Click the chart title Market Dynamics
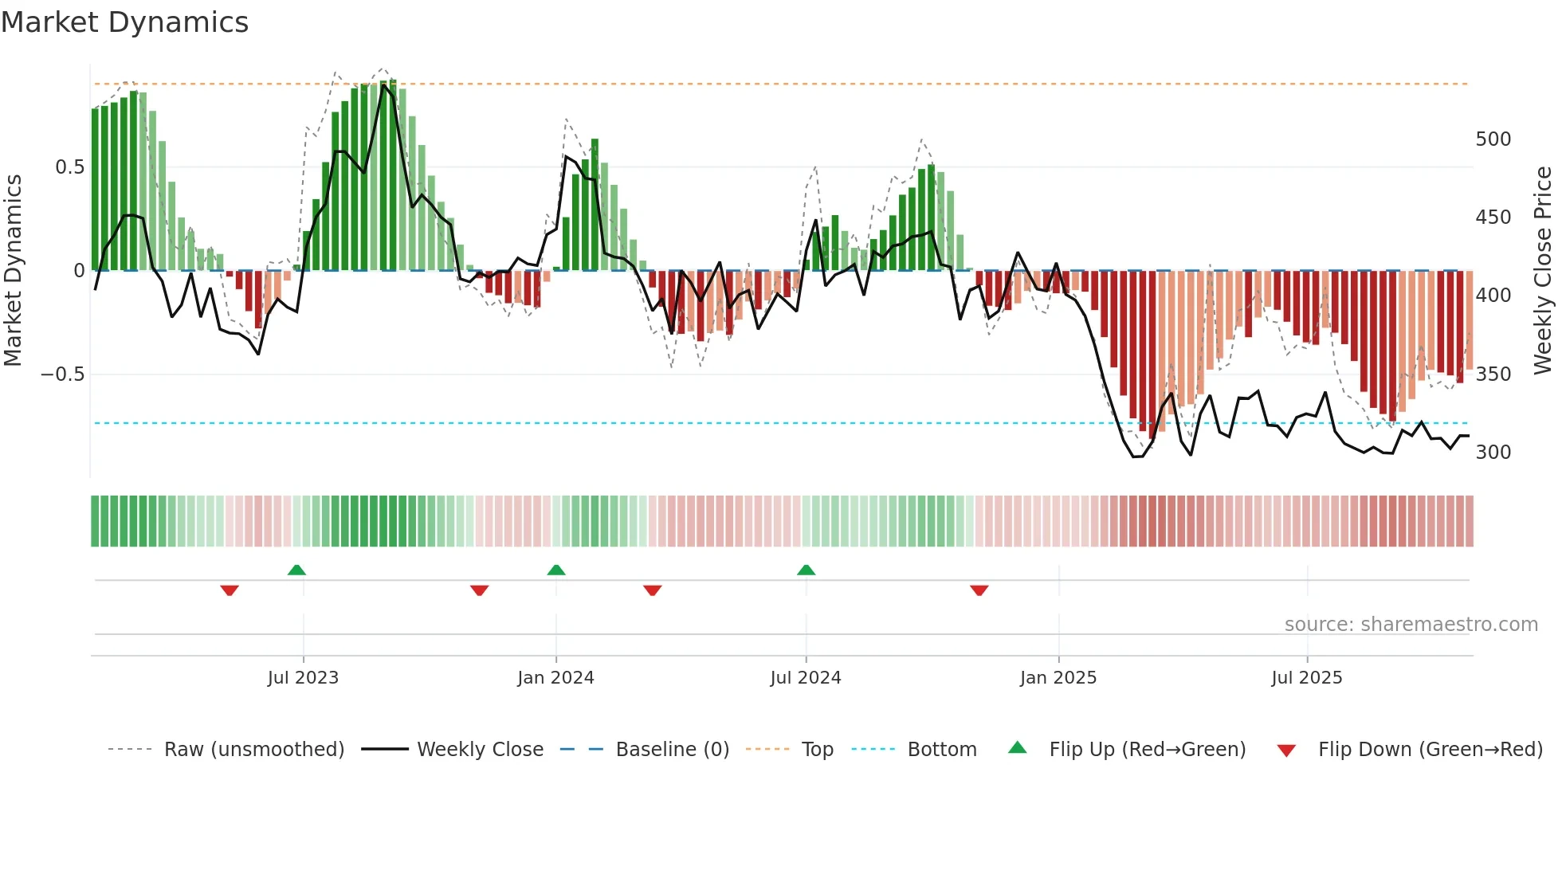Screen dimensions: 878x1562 pos(124,22)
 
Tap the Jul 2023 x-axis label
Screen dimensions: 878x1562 pos(303,678)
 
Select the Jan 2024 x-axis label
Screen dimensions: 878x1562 pos(555,678)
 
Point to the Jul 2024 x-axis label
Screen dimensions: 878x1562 pos(805,678)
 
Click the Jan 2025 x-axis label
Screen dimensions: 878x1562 pos(1058,678)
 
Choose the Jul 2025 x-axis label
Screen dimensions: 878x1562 pos(1306,678)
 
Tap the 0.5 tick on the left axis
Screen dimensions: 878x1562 pos(69,167)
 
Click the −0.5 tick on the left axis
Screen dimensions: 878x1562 pos(63,374)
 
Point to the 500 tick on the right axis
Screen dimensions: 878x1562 pos(1493,139)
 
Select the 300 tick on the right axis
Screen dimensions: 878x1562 pos(1493,453)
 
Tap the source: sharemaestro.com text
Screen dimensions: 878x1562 pos(1411,625)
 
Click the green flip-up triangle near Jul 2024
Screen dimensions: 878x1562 pos(806,570)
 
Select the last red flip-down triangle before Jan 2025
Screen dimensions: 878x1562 pos(979,590)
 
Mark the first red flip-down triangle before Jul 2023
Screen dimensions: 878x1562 pos(230,590)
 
